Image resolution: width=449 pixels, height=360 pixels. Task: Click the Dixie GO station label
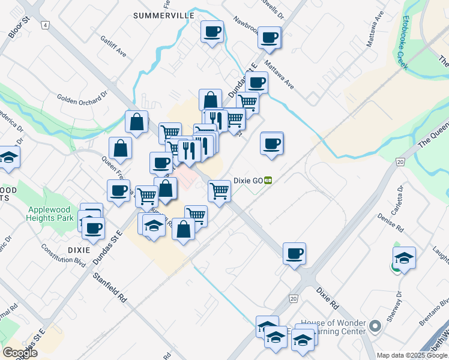pyautogui.click(x=249, y=180)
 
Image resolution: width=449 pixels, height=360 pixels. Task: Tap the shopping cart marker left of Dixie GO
pyautogui.click(x=219, y=191)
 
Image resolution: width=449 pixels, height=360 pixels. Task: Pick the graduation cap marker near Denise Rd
pyautogui.click(x=405, y=257)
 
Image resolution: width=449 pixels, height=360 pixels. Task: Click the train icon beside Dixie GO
pyautogui.click(x=270, y=180)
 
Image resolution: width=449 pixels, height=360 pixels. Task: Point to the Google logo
pyautogui.click(x=20, y=352)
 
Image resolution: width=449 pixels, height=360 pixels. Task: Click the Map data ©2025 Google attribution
pyautogui.click(x=411, y=355)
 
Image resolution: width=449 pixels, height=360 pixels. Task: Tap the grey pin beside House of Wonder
pyautogui.click(x=375, y=326)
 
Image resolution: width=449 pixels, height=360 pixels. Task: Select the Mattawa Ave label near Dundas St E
pyautogui.click(x=277, y=76)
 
